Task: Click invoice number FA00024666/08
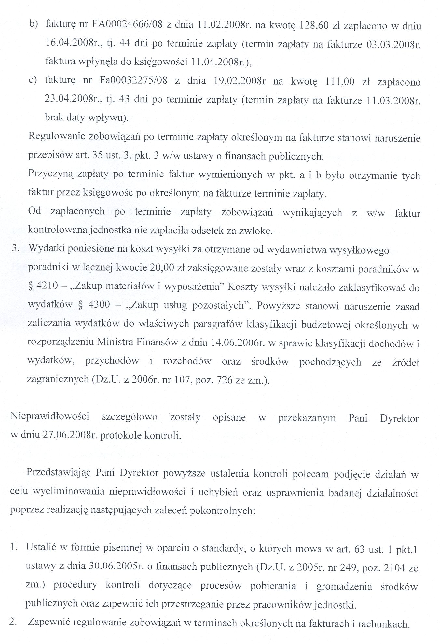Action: pos(125,26)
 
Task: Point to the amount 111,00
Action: pos(339,81)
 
